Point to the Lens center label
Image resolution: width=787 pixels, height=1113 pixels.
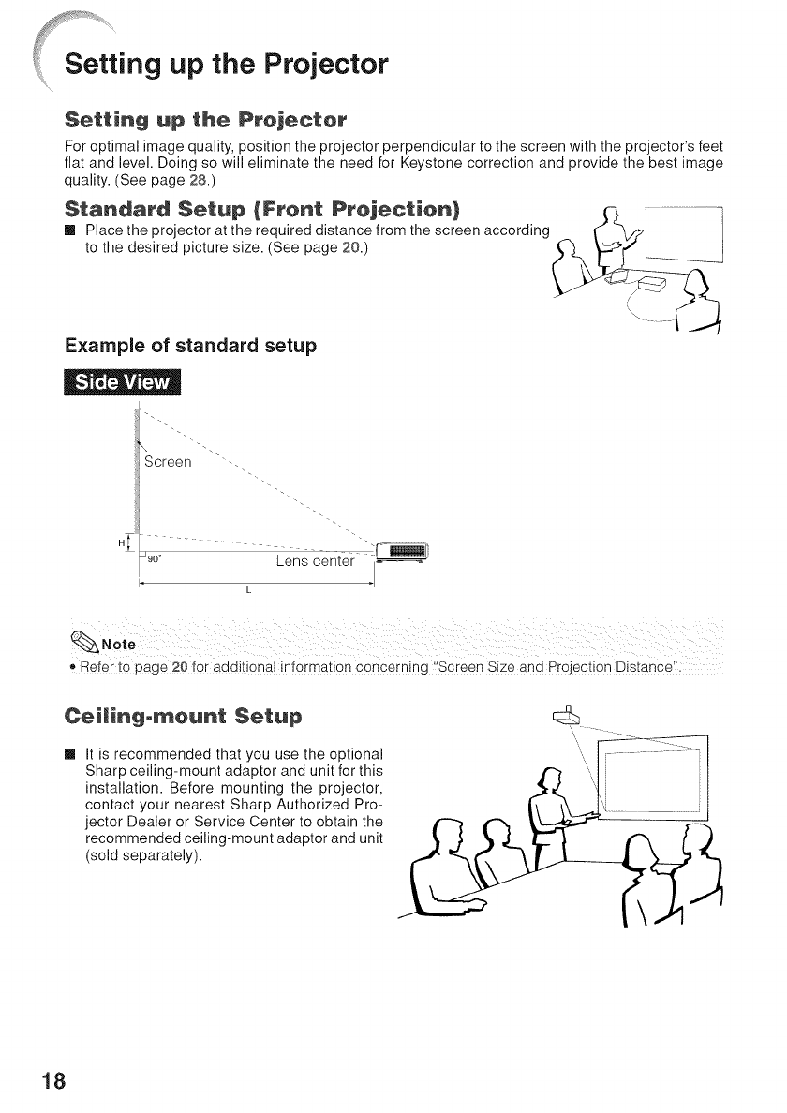pyautogui.click(x=316, y=562)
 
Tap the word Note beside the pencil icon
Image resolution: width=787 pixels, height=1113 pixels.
pyautogui.click(x=119, y=644)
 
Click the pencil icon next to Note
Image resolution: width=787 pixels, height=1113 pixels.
pyautogui.click(x=85, y=642)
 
